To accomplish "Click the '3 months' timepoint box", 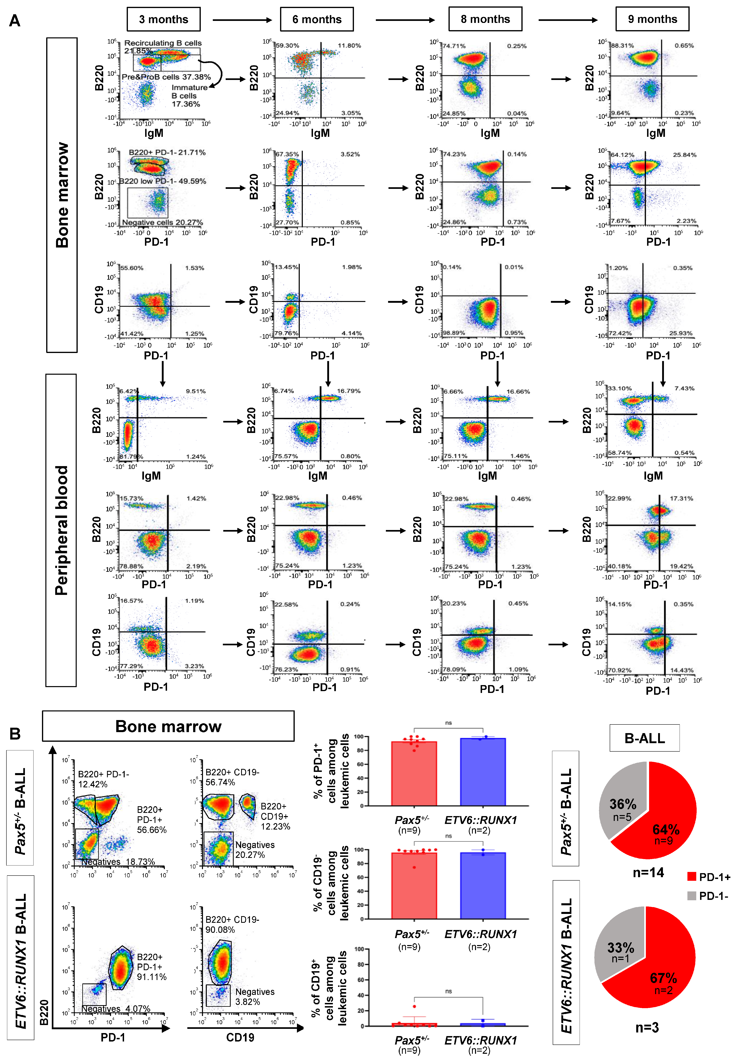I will point(163,19).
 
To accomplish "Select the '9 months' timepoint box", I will point(652,19).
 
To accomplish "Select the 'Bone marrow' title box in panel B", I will point(168,726).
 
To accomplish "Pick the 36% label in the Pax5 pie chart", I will point(623,804).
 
